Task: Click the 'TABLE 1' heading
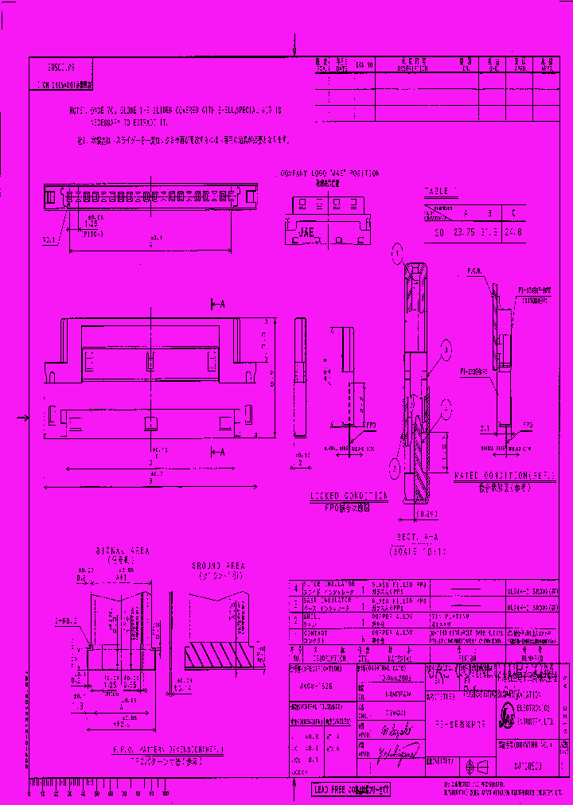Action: coord(440,192)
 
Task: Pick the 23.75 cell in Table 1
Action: coord(463,234)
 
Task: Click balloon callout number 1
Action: coord(396,255)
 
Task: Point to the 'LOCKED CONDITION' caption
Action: coord(349,495)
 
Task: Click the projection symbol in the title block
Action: coord(477,767)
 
